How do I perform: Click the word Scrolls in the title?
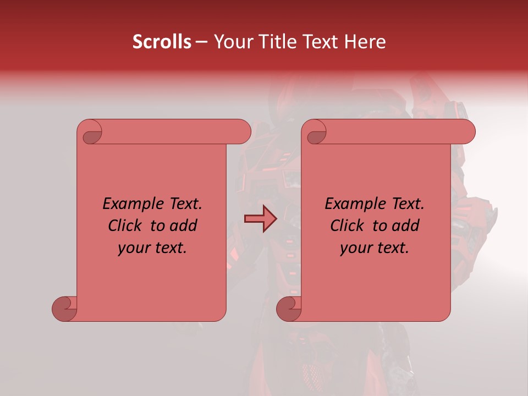point(162,42)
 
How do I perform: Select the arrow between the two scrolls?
point(260,219)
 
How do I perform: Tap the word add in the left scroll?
point(184,226)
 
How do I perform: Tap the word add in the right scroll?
point(406,226)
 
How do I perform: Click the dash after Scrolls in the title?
point(202,42)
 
